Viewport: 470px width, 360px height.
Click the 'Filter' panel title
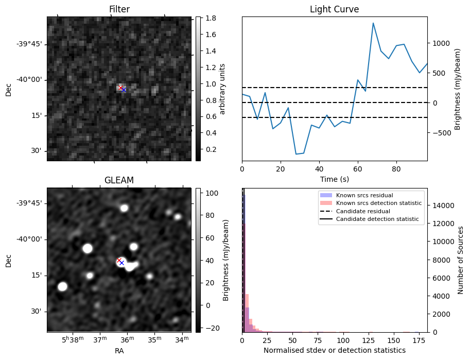(x=119, y=9)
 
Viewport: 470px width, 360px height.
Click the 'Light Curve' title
(x=334, y=9)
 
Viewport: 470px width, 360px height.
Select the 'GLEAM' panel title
(x=119, y=180)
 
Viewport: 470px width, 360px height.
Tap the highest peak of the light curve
(x=373, y=23)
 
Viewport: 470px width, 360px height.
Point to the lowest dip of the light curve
(x=296, y=154)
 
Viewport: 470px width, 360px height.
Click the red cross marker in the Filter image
(x=120, y=88)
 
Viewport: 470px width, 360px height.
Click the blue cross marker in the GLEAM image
(x=121, y=263)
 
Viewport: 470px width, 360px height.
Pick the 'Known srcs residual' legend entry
(x=364, y=196)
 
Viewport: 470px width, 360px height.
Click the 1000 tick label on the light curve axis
(x=440, y=43)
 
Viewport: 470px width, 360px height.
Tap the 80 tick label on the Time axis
(x=396, y=168)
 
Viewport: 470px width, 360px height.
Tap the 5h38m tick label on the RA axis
(x=73, y=339)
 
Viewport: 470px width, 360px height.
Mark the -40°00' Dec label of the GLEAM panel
(x=30, y=239)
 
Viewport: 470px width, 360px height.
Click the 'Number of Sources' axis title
(x=461, y=260)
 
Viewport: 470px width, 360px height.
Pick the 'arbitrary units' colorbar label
(x=222, y=89)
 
